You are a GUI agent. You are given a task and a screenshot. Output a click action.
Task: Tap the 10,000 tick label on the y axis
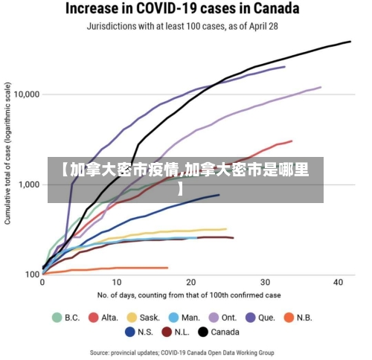27,94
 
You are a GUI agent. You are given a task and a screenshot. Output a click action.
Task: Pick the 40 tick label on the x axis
339,283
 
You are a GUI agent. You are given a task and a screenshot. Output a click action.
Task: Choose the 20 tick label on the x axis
190,283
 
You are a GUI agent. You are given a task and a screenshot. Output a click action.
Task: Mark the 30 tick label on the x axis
265,283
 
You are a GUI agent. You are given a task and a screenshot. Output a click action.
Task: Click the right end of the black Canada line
350,42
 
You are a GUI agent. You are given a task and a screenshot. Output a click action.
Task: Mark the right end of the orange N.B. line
167,268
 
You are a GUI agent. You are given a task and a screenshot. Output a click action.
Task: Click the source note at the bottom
182,352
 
